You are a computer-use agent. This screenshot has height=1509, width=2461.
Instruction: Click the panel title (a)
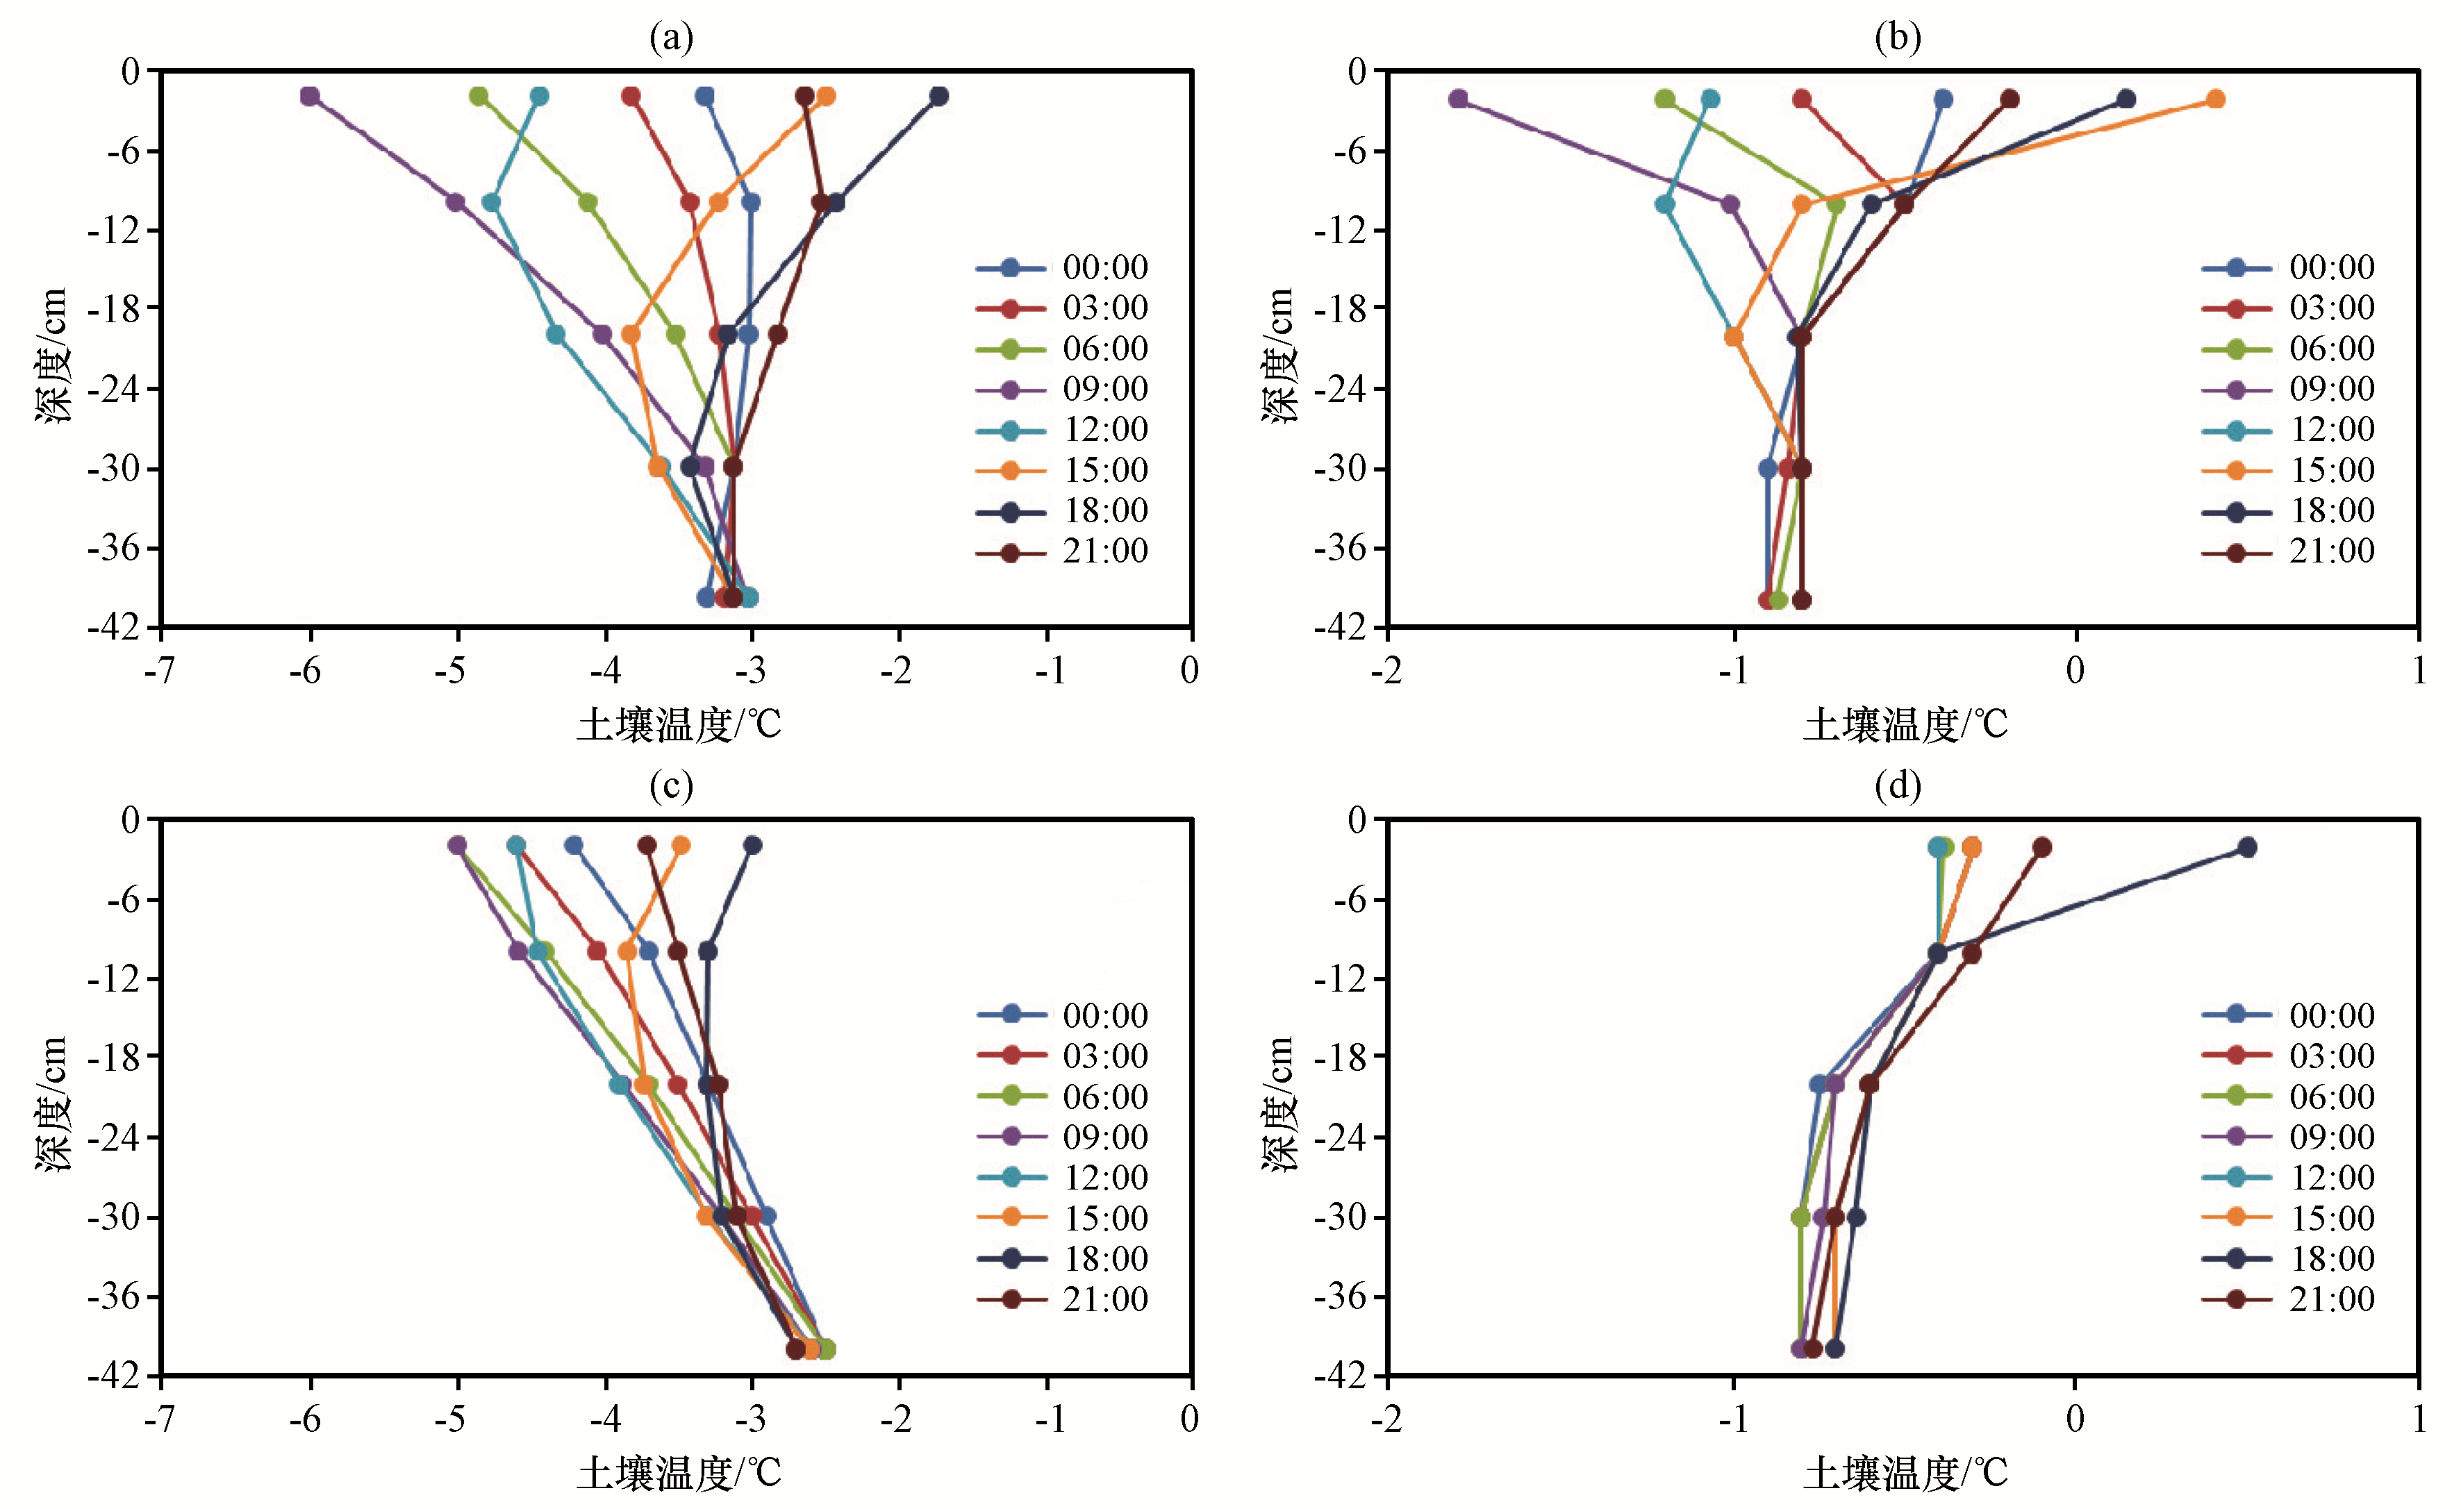[x=670, y=38]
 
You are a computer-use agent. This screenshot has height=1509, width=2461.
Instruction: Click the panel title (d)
[x=1897, y=786]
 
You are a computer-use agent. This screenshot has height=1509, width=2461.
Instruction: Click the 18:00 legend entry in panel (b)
[x=2287, y=510]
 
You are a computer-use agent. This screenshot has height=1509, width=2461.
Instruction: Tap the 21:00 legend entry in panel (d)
[x=2287, y=1299]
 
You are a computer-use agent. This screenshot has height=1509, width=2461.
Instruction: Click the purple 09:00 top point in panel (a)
[x=310, y=97]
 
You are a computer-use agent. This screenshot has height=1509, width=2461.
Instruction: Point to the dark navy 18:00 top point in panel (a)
[x=939, y=97]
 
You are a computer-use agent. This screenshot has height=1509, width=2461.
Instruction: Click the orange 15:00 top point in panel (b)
[x=2215, y=99]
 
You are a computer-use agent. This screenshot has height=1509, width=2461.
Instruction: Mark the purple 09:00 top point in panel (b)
[x=1458, y=99]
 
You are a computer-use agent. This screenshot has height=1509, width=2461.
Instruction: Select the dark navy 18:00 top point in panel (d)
[x=2247, y=847]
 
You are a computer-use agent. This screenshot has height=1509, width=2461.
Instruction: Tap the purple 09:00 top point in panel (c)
[x=458, y=846]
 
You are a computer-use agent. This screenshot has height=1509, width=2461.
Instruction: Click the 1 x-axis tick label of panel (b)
[x=2418, y=671]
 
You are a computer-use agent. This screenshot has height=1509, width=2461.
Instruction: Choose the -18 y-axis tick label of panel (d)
[x=1341, y=1057]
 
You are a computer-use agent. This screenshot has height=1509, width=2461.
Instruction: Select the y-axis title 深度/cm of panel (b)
[x=1279, y=355]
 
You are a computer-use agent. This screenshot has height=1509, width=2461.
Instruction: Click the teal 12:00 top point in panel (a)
[x=539, y=97]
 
